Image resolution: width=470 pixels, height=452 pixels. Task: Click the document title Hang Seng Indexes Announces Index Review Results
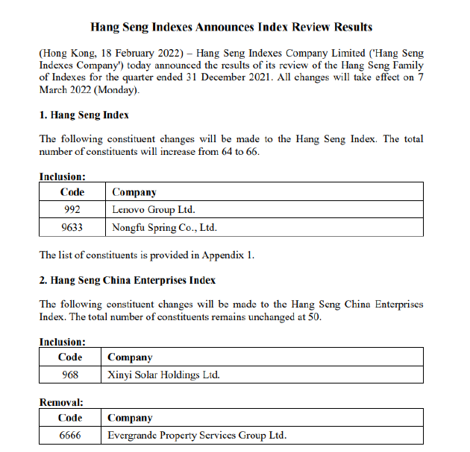(x=231, y=28)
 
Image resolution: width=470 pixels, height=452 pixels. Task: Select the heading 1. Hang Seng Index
(x=84, y=115)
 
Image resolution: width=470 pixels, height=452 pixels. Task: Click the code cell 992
(x=72, y=209)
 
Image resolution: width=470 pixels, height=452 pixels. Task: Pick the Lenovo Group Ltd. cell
(x=153, y=209)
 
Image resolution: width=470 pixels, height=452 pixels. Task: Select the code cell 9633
(x=72, y=227)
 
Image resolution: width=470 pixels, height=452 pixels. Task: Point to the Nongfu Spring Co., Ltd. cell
(x=164, y=227)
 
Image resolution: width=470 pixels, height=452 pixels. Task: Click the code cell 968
(x=70, y=375)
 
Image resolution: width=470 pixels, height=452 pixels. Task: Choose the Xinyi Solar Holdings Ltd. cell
(x=163, y=375)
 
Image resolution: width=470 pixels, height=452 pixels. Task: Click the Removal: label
(x=61, y=402)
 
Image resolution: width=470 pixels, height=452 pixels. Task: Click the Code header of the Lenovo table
(x=72, y=192)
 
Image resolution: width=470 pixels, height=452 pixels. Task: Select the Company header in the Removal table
(x=130, y=418)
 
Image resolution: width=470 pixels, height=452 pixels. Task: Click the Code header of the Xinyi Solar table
(x=70, y=357)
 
